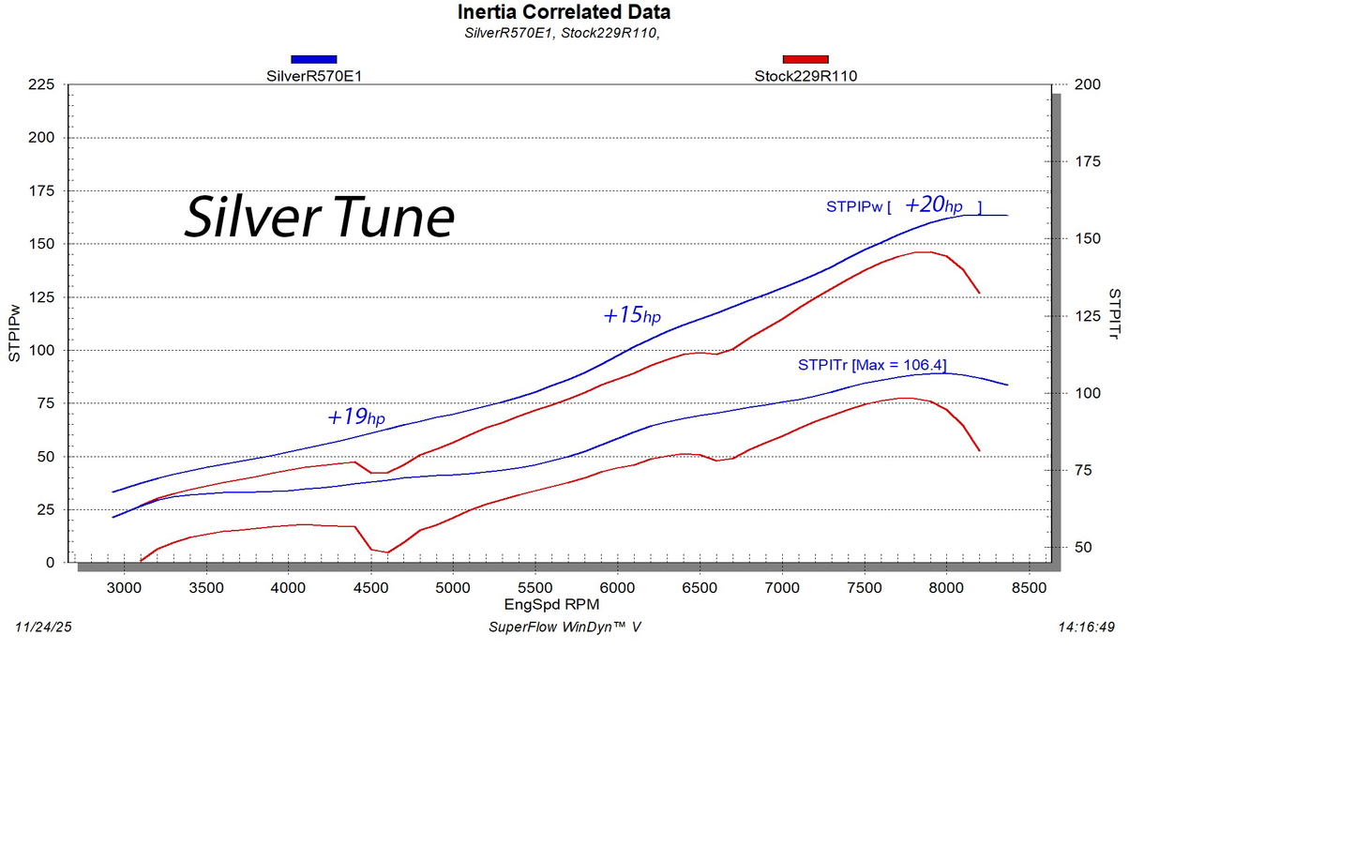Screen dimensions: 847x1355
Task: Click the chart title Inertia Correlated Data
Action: click(x=564, y=12)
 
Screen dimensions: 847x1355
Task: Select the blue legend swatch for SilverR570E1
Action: click(x=313, y=59)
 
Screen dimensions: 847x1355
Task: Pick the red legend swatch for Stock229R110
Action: click(x=805, y=59)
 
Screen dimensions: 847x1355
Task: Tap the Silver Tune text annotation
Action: click(x=320, y=218)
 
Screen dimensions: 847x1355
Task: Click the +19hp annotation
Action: click(x=355, y=416)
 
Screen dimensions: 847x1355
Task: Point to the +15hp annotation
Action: click(x=631, y=315)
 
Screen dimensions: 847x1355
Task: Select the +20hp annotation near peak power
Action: click(x=933, y=205)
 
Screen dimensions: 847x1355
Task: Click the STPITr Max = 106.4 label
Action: click(x=872, y=365)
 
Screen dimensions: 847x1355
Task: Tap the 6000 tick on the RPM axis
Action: click(x=617, y=588)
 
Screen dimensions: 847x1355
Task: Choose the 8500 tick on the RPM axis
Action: click(x=1029, y=588)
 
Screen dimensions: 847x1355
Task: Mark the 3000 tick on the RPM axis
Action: click(x=124, y=588)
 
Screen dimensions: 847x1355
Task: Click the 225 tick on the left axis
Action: click(x=41, y=84)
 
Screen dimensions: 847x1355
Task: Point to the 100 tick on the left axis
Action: click(x=41, y=350)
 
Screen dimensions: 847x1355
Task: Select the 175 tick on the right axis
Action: click(x=1088, y=161)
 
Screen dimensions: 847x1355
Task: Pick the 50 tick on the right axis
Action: click(x=1083, y=547)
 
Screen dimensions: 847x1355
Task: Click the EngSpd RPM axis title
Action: click(x=551, y=605)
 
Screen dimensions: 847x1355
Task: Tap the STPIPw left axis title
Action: click(x=14, y=333)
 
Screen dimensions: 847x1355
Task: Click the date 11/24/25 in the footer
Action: click(x=43, y=627)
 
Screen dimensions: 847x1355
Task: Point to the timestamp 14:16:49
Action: click(x=1086, y=627)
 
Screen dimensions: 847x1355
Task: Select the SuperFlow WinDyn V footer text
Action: click(x=565, y=627)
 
